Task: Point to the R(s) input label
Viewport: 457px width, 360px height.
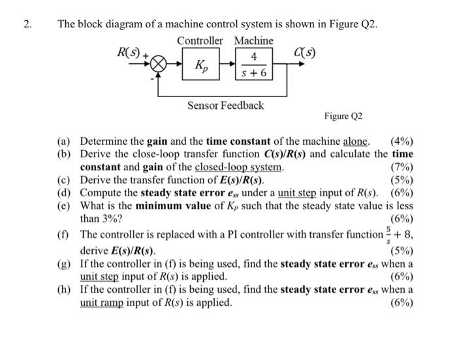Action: click(x=129, y=52)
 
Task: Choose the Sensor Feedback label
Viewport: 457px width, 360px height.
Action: click(x=225, y=105)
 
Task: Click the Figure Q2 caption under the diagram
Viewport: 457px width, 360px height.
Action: click(x=343, y=116)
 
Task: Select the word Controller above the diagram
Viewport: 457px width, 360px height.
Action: click(x=200, y=40)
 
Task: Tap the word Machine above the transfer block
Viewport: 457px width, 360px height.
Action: click(x=254, y=40)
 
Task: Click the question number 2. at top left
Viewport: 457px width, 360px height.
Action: click(x=27, y=25)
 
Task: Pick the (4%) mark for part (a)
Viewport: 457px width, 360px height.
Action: click(x=401, y=142)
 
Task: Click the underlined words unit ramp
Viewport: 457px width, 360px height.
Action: click(x=101, y=303)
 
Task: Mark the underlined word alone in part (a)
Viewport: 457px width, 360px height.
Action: click(x=356, y=142)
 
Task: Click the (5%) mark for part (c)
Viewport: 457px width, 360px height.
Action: click(x=401, y=180)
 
